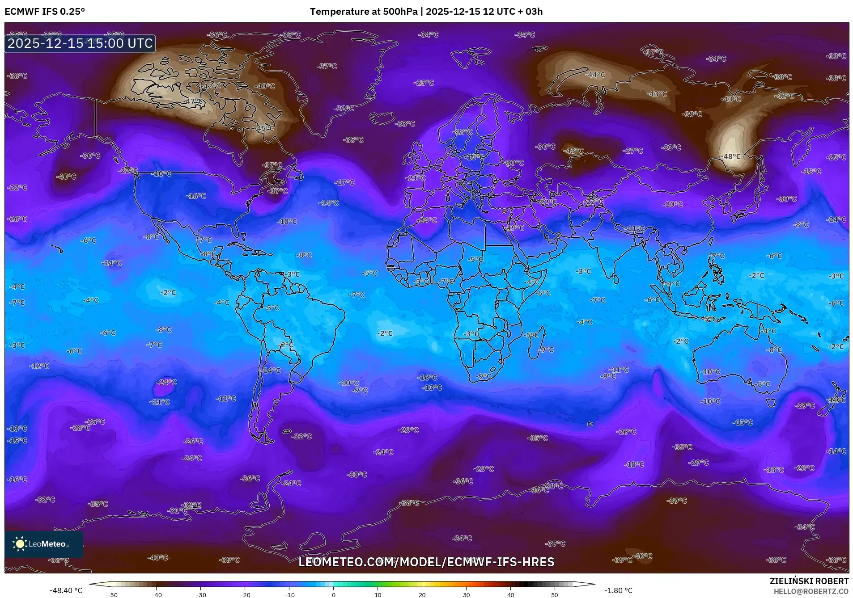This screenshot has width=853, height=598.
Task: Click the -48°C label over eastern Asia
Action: (x=731, y=156)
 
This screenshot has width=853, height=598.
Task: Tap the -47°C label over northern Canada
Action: (x=194, y=101)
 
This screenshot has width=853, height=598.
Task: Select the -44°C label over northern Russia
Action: (x=595, y=75)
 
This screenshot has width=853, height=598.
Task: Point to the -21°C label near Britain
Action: (x=415, y=178)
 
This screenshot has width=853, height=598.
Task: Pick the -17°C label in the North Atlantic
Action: (x=345, y=182)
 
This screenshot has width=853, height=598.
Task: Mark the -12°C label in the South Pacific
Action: (x=39, y=366)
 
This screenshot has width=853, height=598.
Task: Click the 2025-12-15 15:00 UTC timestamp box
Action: (x=80, y=44)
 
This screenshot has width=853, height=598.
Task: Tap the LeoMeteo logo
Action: (x=43, y=544)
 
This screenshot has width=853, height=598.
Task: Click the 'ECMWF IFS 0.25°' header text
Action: (x=45, y=12)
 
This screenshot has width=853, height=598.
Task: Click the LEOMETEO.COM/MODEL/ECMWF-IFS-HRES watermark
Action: (x=426, y=562)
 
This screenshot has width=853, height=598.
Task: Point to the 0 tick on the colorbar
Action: (x=333, y=595)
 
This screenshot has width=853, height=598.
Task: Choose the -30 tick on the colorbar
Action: (x=201, y=595)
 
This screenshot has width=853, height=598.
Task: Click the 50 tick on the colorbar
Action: (x=555, y=595)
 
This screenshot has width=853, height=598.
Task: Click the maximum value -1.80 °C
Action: (x=618, y=590)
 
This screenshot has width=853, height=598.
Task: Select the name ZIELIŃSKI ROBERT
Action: (x=809, y=581)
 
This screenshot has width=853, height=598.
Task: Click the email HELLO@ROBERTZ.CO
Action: (x=811, y=591)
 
